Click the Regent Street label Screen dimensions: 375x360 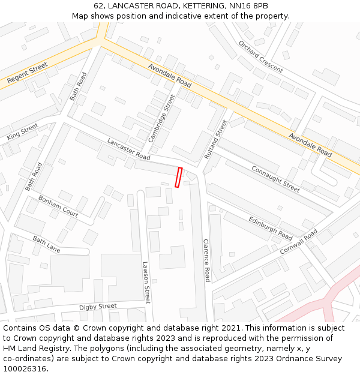(28, 73)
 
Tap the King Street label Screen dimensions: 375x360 (22, 132)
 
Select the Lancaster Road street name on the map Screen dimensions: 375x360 (128, 149)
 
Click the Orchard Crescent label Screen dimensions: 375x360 (260, 56)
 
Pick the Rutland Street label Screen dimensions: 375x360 (216, 139)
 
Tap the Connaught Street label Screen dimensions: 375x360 (275, 179)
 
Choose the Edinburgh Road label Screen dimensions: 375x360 (271, 225)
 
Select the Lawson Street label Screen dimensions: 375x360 (146, 282)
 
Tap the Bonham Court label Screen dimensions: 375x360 (58, 206)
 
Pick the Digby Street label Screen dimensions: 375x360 (98, 307)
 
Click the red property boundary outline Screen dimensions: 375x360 (178, 178)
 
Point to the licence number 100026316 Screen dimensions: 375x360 (24, 369)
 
